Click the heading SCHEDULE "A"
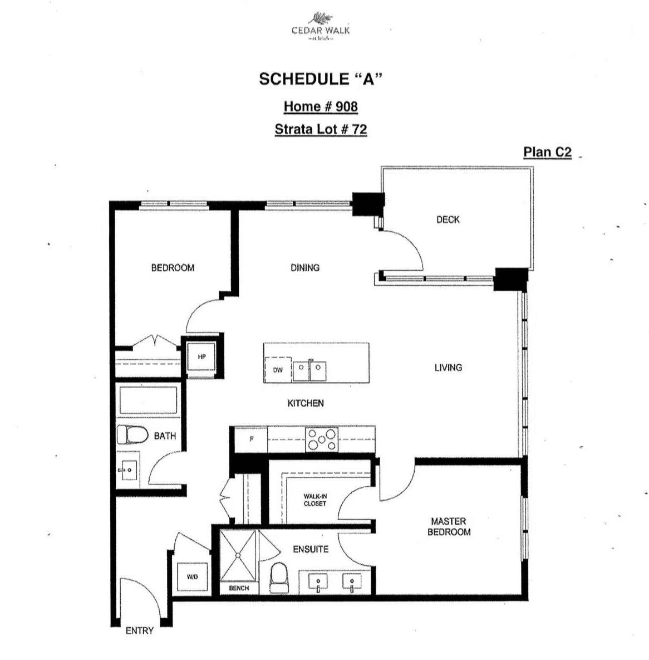(321, 79)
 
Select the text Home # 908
(321, 106)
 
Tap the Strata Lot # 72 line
(321, 129)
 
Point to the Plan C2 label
(547, 152)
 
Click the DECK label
(448, 219)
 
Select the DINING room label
(305, 267)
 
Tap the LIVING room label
(448, 367)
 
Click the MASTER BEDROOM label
(449, 526)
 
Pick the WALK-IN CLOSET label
(315, 500)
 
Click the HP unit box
(201, 356)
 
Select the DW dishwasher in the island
(278, 370)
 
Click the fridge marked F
(251, 439)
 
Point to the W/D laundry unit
(193, 577)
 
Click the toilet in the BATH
(131, 435)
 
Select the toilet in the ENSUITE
(278, 577)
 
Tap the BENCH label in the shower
(239, 588)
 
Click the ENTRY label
(139, 630)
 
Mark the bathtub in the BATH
(148, 400)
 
